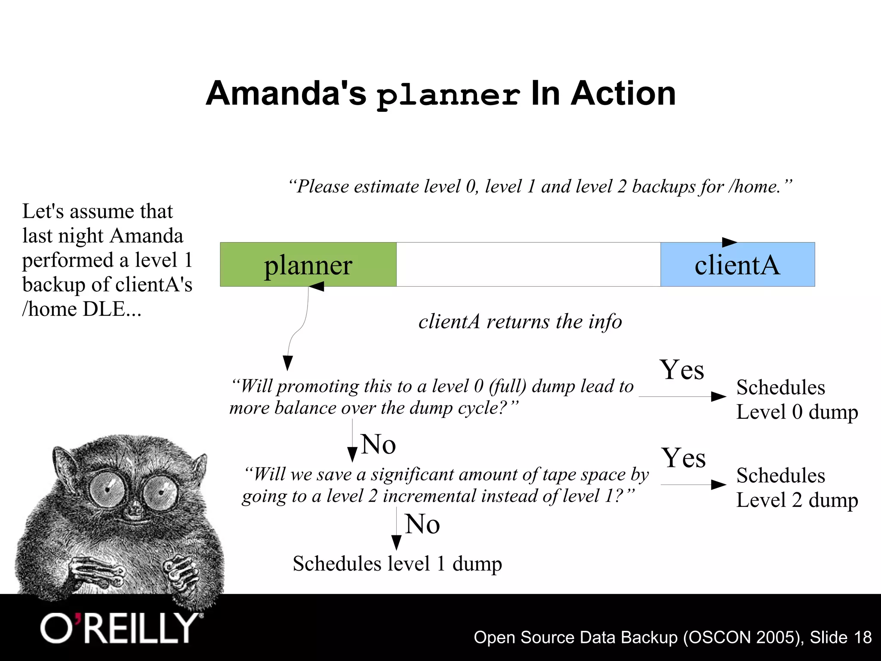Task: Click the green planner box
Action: pos(308,265)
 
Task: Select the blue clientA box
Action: pos(737,265)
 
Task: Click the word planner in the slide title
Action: pos(448,95)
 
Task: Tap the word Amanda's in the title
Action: pos(286,93)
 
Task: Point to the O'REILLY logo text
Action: pos(120,629)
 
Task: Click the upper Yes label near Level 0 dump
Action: pos(682,370)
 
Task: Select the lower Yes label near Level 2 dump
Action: pos(684,458)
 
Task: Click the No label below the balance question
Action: pos(379,444)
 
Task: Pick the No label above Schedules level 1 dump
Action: pos(422,524)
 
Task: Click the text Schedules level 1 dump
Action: pos(397,564)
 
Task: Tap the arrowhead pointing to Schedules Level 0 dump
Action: pos(718,396)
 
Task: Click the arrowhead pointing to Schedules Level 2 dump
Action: pos(718,485)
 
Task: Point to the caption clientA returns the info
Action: pos(520,322)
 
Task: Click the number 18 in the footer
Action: pos(863,637)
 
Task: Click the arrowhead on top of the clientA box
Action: pos(729,242)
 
